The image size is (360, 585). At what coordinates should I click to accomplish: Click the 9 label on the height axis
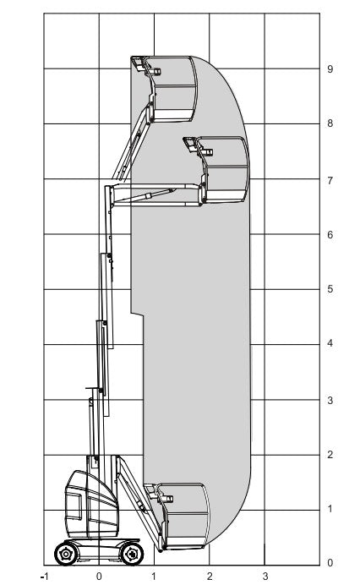330,69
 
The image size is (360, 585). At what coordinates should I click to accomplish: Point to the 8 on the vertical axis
330,123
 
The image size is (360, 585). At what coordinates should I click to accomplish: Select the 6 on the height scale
330,235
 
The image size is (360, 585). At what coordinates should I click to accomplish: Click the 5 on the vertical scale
330,289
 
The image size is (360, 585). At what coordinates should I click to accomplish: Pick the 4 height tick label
330,343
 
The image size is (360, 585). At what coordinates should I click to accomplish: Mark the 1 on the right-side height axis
330,509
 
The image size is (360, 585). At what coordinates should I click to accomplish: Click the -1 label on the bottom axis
44,576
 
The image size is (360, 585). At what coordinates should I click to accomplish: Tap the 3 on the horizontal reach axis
265,576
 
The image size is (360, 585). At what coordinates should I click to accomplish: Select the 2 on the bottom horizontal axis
210,576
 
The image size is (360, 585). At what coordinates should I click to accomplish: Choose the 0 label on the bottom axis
99,576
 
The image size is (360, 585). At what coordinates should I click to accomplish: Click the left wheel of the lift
65,555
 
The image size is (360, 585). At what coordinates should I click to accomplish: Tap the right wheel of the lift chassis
131,555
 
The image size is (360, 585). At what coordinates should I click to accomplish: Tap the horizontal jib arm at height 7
156,194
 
